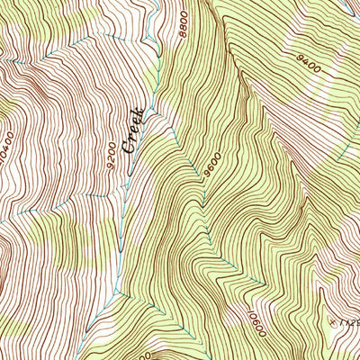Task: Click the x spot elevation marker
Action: coord(333,320)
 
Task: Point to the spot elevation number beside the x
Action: coord(349,320)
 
